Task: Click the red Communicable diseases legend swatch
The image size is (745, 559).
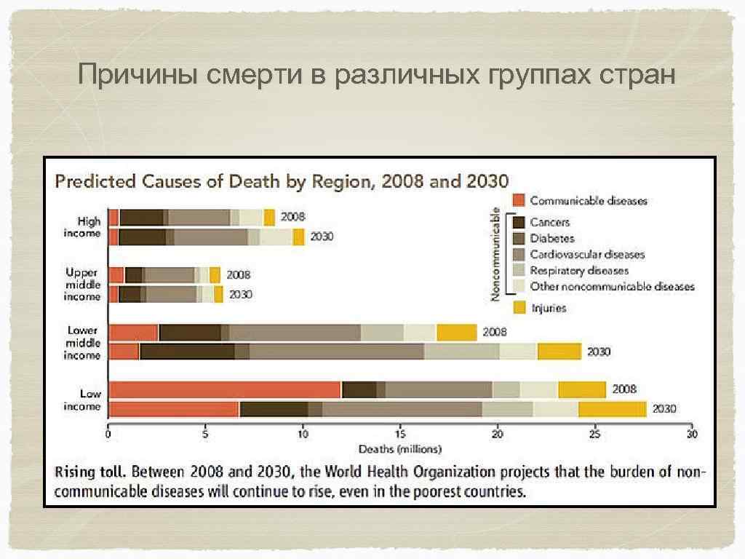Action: coord(519,200)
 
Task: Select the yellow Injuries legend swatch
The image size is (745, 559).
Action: coord(519,308)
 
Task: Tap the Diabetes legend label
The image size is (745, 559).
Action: coord(551,238)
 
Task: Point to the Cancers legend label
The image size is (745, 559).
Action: coord(549,221)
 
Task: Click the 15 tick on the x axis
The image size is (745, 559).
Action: coord(399,435)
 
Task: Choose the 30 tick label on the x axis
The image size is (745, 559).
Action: coord(691,435)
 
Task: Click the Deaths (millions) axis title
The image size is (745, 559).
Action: coord(399,448)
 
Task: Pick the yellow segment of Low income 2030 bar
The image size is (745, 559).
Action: coord(612,409)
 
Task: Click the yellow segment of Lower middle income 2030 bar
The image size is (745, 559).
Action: coord(559,352)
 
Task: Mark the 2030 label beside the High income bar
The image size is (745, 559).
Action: coord(322,237)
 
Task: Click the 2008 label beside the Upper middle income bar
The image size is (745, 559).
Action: coord(238,275)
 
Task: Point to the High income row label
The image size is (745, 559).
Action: coord(83,225)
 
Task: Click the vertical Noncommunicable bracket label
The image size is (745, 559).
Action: coord(495,253)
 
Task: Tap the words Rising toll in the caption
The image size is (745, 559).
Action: coord(86,472)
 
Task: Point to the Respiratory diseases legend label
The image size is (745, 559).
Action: coord(579,271)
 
